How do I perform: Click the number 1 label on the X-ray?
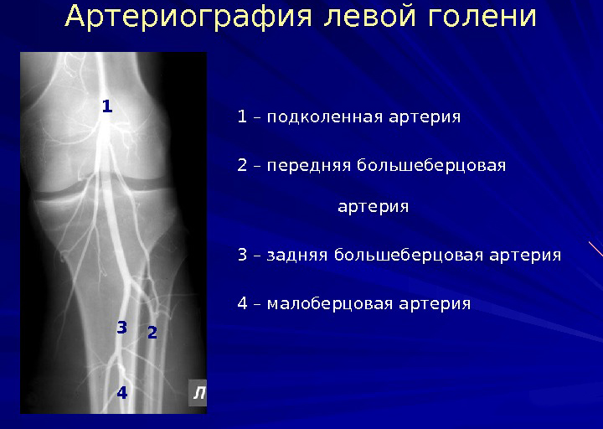click(x=106, y=107)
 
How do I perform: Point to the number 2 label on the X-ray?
click(x=152, y=333)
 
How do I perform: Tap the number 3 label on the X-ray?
click(x=121, y=327)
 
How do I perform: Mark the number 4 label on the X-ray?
click(x=121, y=391)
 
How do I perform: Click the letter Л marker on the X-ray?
click(x=198, y=392)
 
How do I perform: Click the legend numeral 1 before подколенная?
click(x=242, y=116)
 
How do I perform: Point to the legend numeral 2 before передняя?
click(x=242, y=165)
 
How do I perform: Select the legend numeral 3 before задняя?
click(x=242, y=254)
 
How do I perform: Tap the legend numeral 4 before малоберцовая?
click(x=242, y=302)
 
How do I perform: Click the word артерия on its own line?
click(x=374, y=206)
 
